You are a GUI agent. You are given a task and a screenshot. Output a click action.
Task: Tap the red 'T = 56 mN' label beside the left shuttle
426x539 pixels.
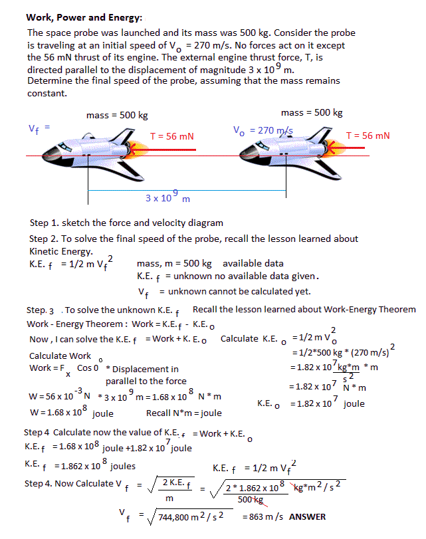171,136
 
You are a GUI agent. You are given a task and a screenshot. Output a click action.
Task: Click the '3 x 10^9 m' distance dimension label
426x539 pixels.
167,197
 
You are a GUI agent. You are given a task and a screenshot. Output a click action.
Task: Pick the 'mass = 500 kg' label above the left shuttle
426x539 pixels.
117,116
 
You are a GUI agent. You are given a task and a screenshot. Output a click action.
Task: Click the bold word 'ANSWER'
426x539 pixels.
308,517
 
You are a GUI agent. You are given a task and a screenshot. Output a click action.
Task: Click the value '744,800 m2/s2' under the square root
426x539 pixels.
191,516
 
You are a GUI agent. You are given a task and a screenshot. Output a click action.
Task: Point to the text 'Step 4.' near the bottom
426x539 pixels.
39,483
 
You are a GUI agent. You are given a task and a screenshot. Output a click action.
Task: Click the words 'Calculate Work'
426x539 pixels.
60,356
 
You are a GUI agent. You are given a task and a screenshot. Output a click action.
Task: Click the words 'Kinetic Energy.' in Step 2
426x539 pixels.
60,252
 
